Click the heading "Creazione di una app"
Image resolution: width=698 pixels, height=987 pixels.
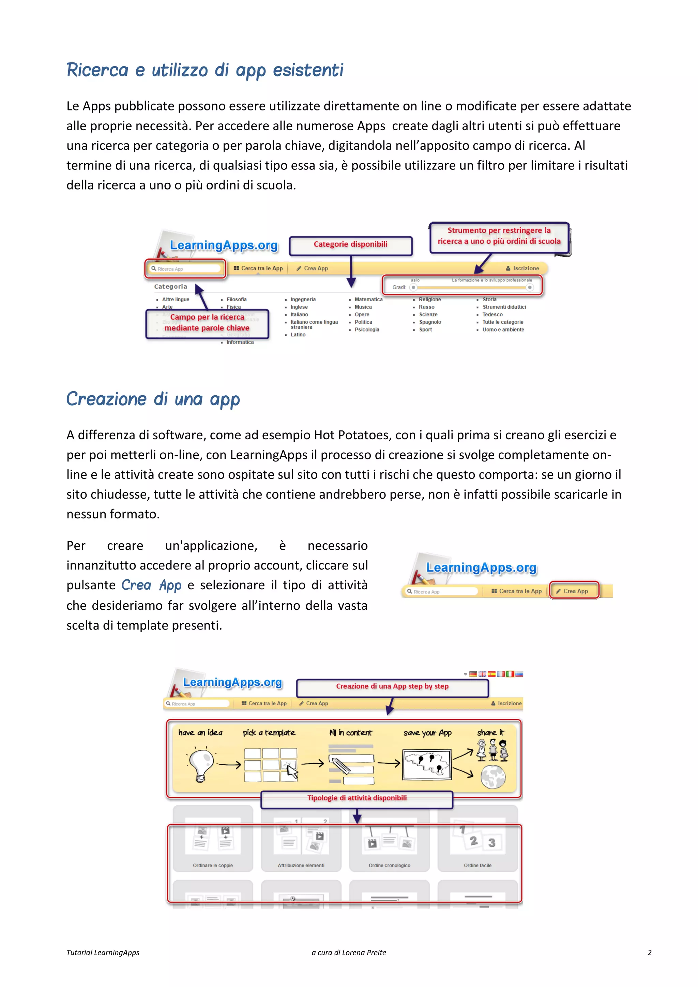[153, 399]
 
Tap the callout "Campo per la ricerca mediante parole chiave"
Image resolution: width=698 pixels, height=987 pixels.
[207, 323]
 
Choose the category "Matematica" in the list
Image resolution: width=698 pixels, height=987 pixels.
[368, 300]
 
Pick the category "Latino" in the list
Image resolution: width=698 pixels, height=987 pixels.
[298, 335]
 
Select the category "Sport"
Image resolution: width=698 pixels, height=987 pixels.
[425, 330]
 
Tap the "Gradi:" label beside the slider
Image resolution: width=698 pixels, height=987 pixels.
[399, 287]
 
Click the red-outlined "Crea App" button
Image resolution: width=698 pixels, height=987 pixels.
[575, 591]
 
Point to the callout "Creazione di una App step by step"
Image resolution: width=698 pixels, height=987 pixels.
[392, 686]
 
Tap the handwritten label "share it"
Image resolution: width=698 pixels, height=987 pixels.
[490, 732]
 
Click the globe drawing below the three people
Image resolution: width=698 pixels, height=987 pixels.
[493, 777]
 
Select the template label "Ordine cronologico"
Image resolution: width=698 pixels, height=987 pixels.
[390, 865]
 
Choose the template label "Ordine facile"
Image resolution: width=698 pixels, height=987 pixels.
[477, 865]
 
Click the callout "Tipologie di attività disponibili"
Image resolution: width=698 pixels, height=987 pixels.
[357, 798]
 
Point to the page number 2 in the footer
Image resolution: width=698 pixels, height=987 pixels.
[649, 953]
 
